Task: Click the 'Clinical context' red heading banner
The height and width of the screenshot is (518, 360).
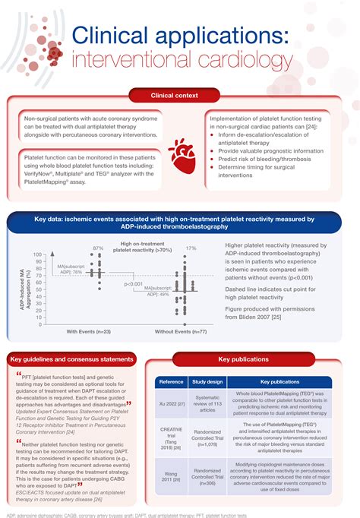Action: pyautogui.click(x=180, y=95)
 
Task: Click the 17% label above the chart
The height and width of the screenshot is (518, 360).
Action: pyautogui.click(x=191, y=248)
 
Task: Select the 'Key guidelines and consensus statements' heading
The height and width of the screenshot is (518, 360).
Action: pyautogui.click(x=73, y=358)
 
